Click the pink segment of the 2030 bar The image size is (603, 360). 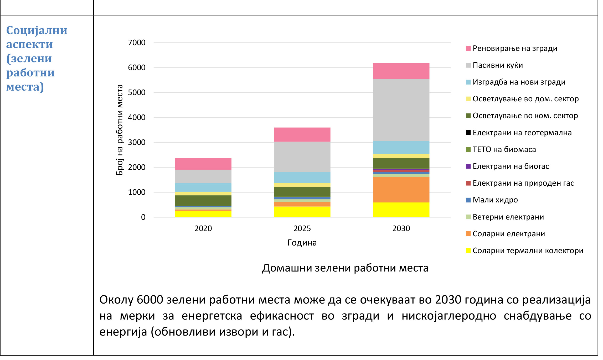(x=401, y=71)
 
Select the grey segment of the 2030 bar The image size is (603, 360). (x=401, y=110)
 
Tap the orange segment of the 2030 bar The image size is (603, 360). (x=401, y=190)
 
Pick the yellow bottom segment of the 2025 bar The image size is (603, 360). (x=302, y=212)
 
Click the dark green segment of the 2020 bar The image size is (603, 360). (x=203, y=200)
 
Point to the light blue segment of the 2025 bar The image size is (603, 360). (x=302, y=177)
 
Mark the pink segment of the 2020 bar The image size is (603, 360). (x=203, y=164)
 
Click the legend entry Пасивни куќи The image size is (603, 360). (x=497, y=65)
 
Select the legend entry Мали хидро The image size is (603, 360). (x=495, y=200)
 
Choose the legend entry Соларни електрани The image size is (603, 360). (x=508, y=234)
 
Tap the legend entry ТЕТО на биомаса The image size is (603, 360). (x=504, y=149)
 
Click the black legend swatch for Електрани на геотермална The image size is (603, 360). (x=468, y=133)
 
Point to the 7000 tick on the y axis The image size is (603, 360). (x=137, y=43)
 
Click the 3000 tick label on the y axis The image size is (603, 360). (x=137, y=142)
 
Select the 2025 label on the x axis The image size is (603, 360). (x=302, y=228)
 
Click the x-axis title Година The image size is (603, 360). (x=302, y=243)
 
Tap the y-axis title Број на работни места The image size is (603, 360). (x=120, y=130)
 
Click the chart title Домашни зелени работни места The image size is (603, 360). (x=345, y=268)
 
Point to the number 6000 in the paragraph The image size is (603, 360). (x=150, y=300)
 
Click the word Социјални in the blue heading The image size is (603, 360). (x=37, y=30)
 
